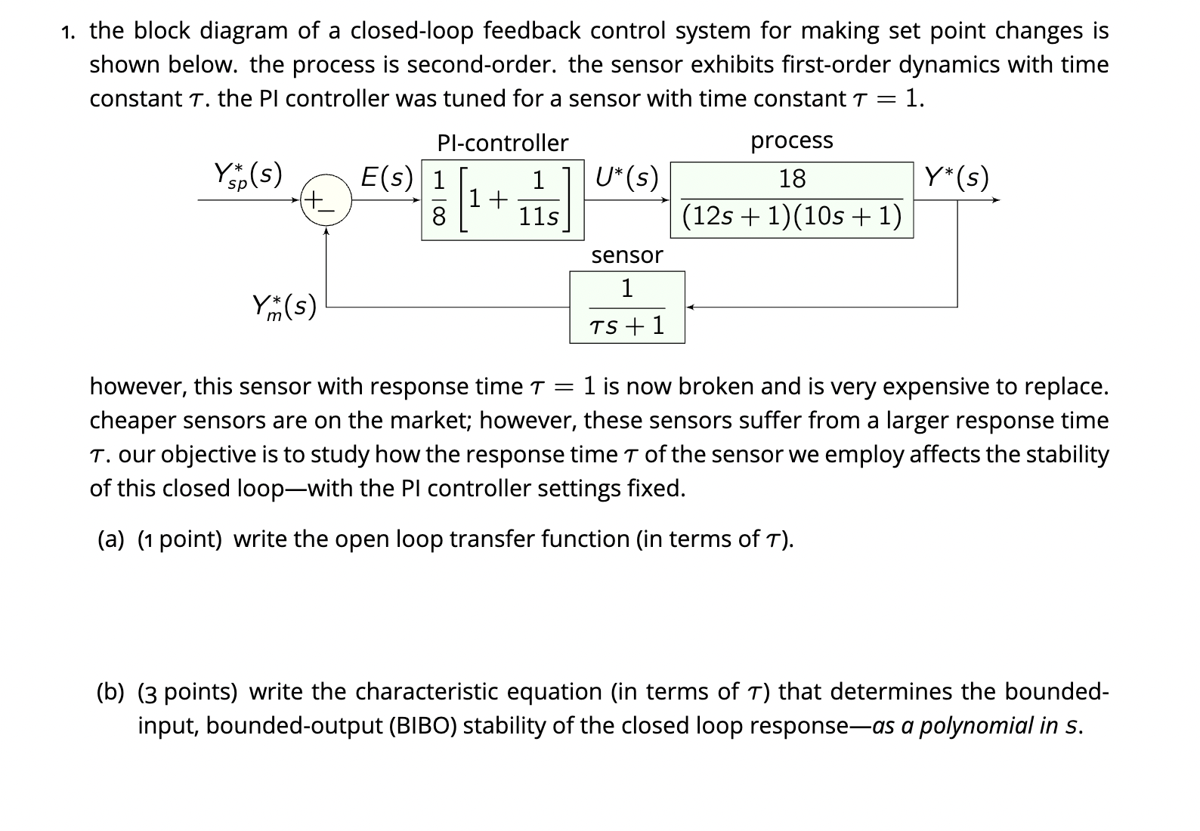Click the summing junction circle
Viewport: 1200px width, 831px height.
(326, 202)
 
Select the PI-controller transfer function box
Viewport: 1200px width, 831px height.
(503, 200)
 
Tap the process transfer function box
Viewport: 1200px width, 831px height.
(792, 200)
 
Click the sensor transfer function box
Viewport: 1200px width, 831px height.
(626, 307)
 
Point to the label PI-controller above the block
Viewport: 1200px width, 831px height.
(503, 143)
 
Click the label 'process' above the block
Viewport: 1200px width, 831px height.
(791, 141)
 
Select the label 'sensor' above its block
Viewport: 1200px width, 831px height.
(626, 255)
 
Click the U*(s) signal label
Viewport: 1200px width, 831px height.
(626, 178)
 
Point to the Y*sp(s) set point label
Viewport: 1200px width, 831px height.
(248, 176)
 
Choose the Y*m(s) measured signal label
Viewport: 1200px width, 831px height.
(283, 307)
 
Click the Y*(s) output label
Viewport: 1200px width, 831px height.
(956, 178)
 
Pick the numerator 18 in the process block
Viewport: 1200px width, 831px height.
(792, 179)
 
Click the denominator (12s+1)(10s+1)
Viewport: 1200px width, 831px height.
(792, 218)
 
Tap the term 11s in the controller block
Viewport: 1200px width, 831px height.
(538, 218)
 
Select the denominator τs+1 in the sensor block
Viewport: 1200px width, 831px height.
(626, 326)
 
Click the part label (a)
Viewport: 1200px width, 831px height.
(111, 539)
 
